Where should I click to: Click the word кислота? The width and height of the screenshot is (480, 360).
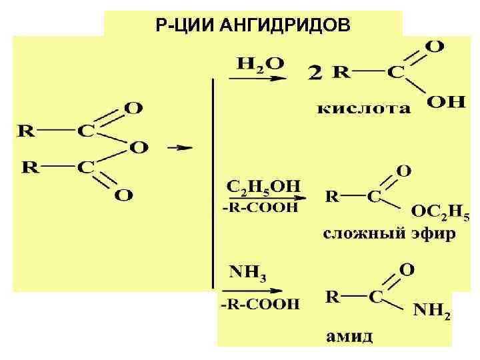click(x=364, y=108)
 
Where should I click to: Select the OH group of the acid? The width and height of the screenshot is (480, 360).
click(x=446, y=102)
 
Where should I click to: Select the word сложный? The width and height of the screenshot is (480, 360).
click(x=360, y=235)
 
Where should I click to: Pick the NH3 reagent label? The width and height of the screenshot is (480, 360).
click(x=247, y=273)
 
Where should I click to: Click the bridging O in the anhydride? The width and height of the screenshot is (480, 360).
click(x=139, y=147)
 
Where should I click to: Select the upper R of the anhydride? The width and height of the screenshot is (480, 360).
click(x=25, y=131)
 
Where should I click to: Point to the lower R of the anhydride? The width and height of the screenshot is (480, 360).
click(x=31, y=166)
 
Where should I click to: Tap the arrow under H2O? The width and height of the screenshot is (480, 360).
click(x=257, y=78)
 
